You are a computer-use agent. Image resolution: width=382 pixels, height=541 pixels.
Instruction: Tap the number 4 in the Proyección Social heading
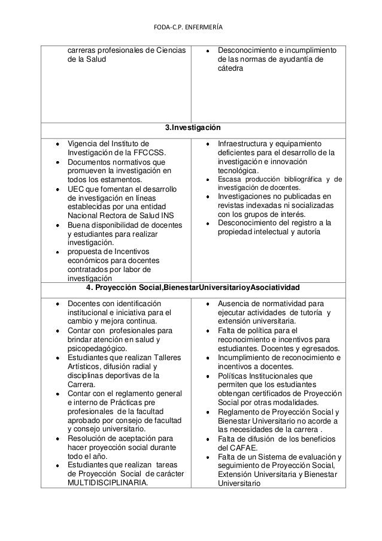89,288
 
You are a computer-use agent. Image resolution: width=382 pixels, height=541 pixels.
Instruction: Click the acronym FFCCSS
149,153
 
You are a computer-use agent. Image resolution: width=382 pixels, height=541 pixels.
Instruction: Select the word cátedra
232,69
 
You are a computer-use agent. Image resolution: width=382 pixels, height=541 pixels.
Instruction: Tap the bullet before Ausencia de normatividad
207,303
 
